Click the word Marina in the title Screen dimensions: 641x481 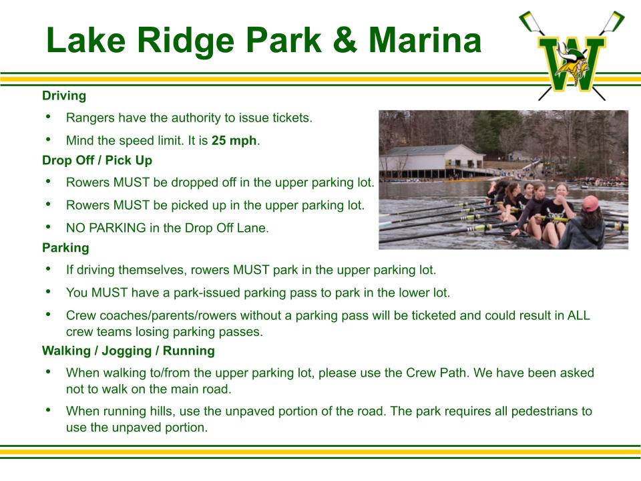425,40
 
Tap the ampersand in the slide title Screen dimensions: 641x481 345,40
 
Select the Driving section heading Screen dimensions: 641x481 64,96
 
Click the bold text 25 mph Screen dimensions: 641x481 234,141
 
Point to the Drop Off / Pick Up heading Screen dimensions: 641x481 97,160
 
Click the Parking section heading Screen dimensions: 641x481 65,248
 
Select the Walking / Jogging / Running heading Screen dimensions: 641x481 128,351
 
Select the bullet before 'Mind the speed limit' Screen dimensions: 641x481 49,140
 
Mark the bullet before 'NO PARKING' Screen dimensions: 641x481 49,226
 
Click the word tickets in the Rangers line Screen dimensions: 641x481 292,118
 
